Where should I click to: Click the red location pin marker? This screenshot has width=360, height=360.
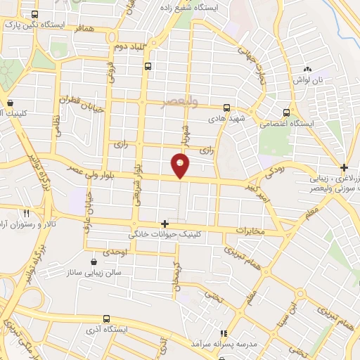click(x=181, y=165)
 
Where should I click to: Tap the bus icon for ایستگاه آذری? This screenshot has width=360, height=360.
click(x=106, y=319)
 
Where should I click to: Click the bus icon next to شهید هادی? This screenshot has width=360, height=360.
click(x=226, y=108)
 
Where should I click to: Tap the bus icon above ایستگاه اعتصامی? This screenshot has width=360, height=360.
click(x=286, y=112)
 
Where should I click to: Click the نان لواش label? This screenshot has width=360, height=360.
click(x=308, y=80)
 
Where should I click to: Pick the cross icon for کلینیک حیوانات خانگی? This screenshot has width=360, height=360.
click(x=165, y=224)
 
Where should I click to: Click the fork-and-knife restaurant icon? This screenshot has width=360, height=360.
click(x=26, y=212)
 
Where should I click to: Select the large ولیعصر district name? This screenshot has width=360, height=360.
click(x=199, y=102)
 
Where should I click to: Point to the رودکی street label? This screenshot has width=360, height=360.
click(x=272, y=171)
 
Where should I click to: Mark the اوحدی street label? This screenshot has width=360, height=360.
click(x=114, y=252)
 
